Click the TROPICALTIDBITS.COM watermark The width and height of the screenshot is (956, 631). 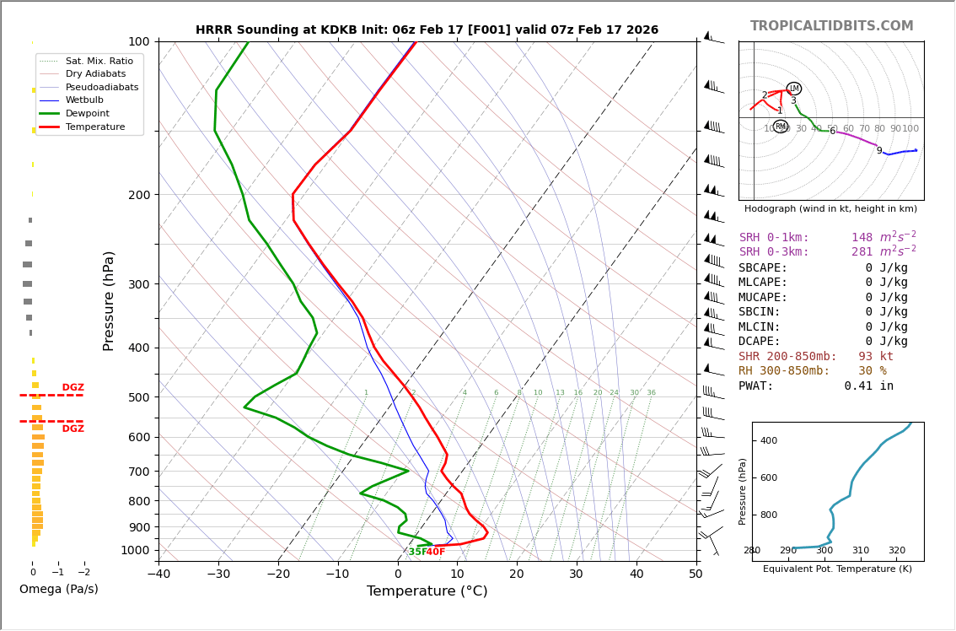point(831,26)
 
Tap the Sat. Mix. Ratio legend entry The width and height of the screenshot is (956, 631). point(99,62)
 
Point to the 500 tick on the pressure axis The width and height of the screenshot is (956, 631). point(138,397)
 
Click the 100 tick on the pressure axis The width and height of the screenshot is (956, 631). point(138,41)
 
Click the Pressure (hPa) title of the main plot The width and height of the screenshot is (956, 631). point(109,300)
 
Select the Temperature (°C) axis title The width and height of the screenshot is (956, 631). point(427,591)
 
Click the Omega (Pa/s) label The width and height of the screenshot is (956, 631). point(58,589)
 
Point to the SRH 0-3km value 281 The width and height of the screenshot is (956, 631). point(861,252)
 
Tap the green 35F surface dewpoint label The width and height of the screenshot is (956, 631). point(416,552)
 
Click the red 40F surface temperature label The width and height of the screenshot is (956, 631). point(435,552)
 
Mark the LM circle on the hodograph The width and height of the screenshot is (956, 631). point(793,89)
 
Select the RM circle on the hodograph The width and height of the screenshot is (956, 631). point(781,127)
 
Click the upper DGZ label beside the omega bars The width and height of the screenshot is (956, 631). point(73,388)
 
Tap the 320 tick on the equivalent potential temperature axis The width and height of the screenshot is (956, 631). point(896,551)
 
